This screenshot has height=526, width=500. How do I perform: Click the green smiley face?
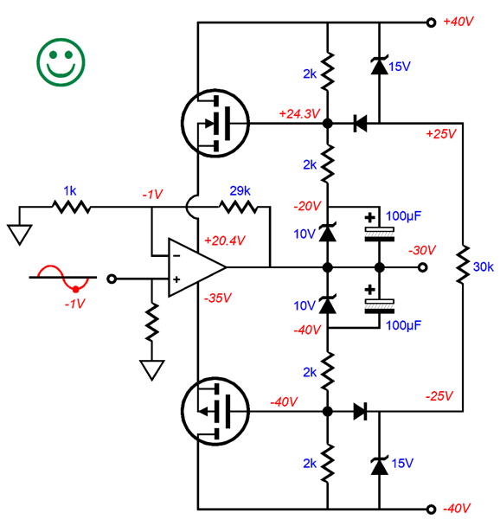click(61, 61)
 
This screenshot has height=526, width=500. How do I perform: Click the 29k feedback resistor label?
click(240, 189)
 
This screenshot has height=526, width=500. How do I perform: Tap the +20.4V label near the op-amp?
click(224, 240)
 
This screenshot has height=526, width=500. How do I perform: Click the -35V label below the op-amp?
click(217, 298)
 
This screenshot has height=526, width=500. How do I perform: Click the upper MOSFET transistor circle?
click(215, 124)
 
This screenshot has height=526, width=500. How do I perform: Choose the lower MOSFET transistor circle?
click(215, 412)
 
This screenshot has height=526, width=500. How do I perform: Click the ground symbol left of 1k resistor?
click(17, 234)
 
